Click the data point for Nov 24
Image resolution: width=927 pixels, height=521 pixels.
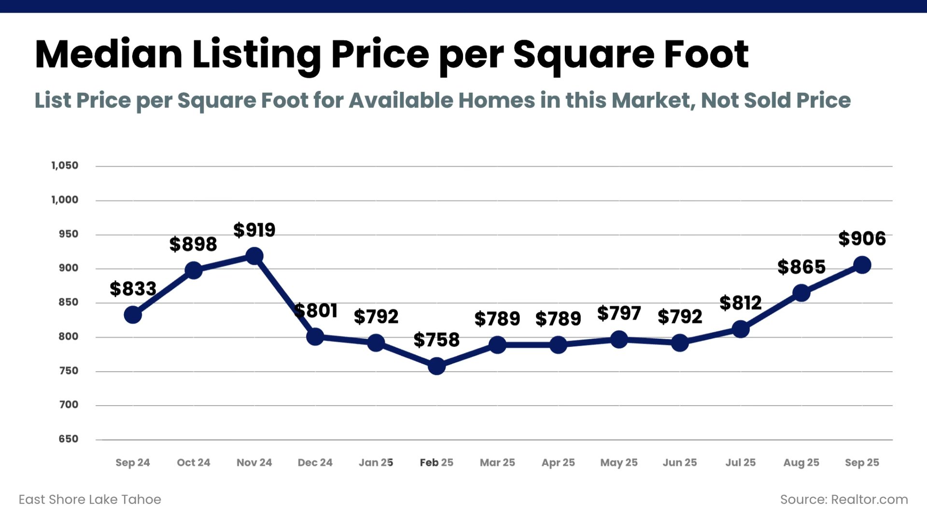pyautogui.click(x=254, y=256)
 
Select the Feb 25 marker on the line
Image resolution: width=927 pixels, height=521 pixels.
pyautogui.click(x=436, y=366)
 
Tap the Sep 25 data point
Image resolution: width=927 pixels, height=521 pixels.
pyautogui.click(x=862, y=265)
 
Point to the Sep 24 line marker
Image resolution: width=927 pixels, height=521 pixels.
pyautogui.click(x=133, y=315)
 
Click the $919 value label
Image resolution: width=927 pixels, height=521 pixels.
pyautogui.click(x=254, y=230)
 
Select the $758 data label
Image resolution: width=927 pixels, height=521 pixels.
pyautogui.click(x=436, y=340)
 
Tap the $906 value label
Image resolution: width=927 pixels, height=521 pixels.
pyautogui.click(x=862, y=239)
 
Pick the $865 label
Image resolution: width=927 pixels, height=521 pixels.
pyautogui.click(x=801, y=267)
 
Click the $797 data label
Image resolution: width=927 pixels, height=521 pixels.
pyautogui.click(x=619, y=313)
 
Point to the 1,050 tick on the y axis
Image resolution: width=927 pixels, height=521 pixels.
pyautogui.click(x=65, y=166)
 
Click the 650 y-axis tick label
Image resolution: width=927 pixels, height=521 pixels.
pyautogui.click(x=68, y=439)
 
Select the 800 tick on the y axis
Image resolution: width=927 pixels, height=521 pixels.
pyautogui.click(x=68, y=337)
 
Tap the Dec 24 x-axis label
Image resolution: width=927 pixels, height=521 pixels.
pyautogui.click(x=315, y=463)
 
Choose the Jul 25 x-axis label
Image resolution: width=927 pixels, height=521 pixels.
pyautogui.click(x=740, y=463)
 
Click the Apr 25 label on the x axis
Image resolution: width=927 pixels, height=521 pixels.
pyautogui.click(x=558, y=463)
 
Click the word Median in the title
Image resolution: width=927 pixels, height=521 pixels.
pyautogui.click(x=109, y=54)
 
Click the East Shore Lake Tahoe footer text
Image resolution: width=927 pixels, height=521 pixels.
pyautogui.click(x=90, y=499)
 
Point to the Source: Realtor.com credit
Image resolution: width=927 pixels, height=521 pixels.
pyautogui.click(x=844, y=499)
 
